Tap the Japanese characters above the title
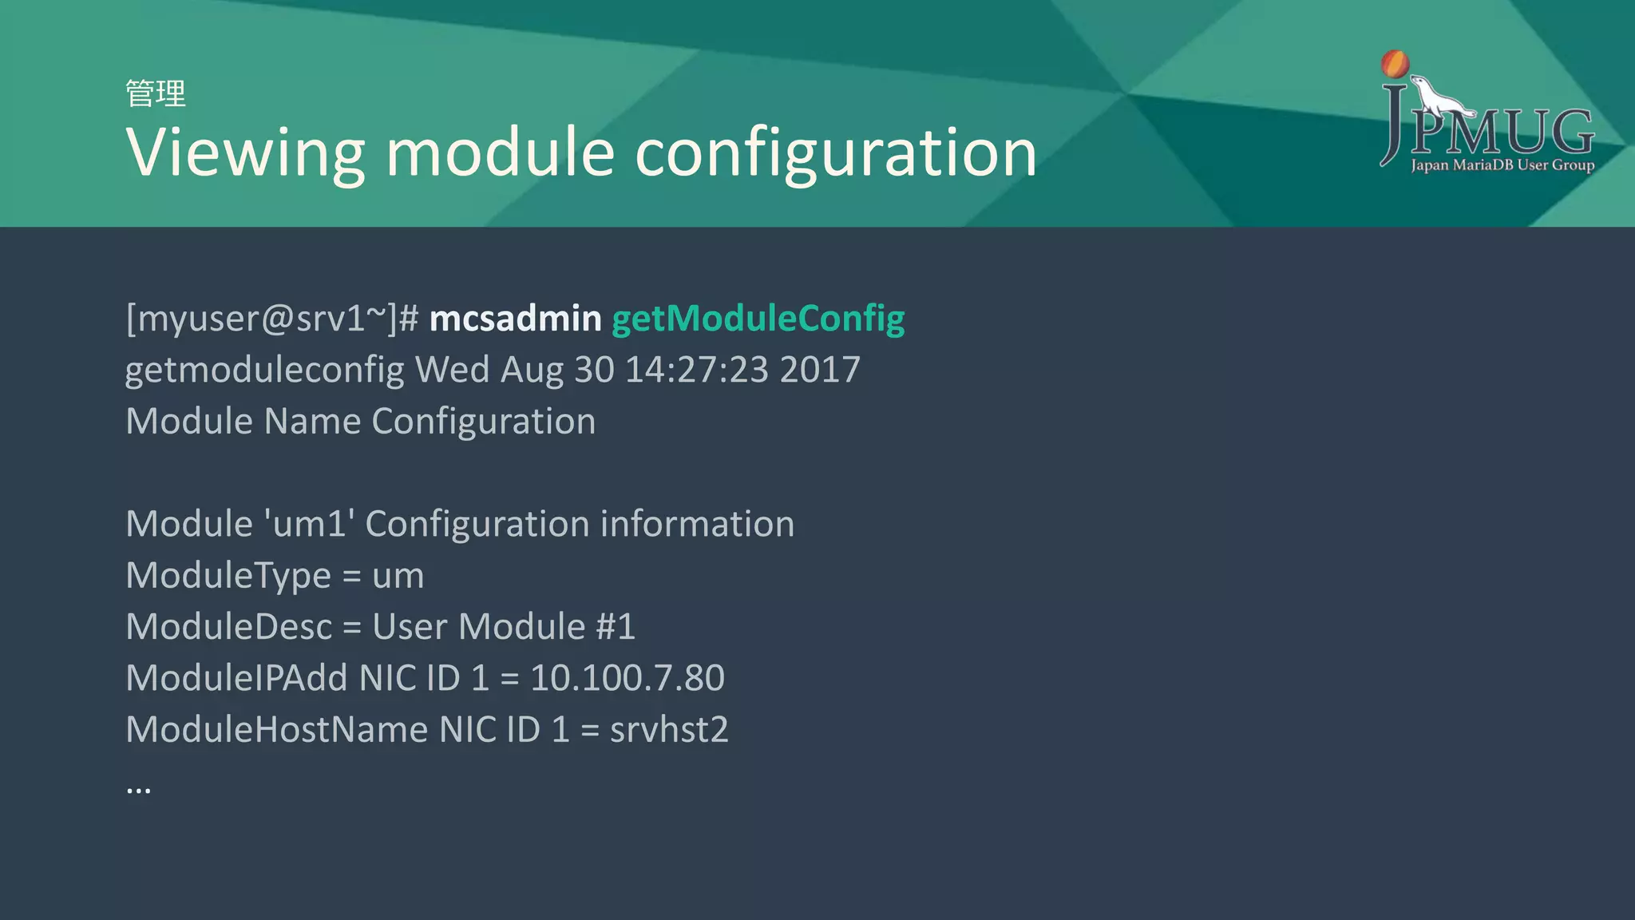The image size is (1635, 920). [x=156, y=93]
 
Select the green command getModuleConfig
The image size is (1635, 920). [x=758, y=319]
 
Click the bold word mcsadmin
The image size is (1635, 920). [x=515, y=319]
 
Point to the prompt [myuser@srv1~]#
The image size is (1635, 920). [x=271, y=319]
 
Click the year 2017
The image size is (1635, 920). [x=820, y=370]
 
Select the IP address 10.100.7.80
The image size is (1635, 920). [x=627, y=678]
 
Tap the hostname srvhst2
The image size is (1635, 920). [x=669, y=729]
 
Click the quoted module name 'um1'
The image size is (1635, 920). [x=309, y=524]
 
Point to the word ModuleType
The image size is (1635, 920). [x=228, y=576]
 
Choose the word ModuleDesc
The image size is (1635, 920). [x=228, y=627]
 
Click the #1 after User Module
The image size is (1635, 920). [x=616, y=627]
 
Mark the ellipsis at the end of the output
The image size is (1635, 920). [x=138, y=789]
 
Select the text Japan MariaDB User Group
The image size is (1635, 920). [x=1502, y=165]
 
